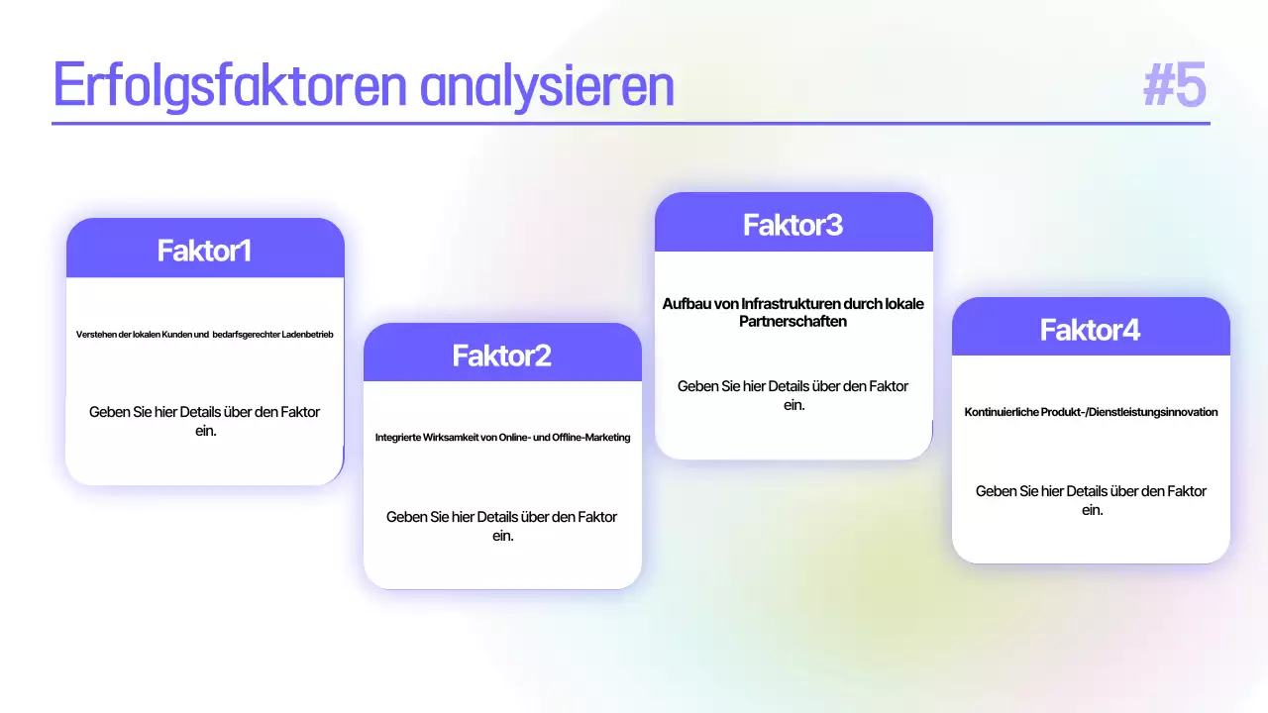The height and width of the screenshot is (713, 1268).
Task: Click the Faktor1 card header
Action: click(x=205, y=251)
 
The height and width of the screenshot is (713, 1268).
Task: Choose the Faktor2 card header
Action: click(x=502, y=355)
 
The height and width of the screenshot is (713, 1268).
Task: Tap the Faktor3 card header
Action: click(x=793, y=225)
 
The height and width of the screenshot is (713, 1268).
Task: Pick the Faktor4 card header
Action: click(x=1091, y=329)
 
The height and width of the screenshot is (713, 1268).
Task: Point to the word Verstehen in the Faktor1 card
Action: click(x=96, y=335)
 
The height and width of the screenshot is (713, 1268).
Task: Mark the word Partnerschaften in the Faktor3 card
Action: click(x=793, y=321)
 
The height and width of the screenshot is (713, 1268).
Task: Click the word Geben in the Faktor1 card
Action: click(x=109, y=412)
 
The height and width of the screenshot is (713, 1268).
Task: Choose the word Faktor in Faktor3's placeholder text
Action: click(x=887, y=386)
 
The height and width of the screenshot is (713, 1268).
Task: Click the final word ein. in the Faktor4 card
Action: click(x=1092, y=510)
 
